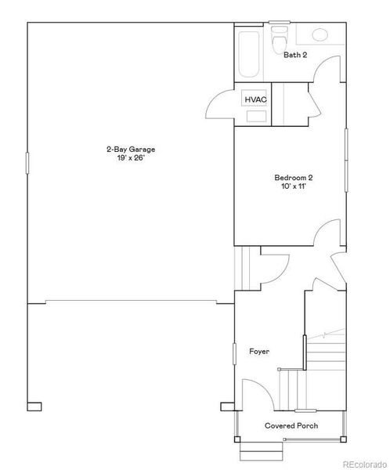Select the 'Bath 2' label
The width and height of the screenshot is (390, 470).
click(295, 55)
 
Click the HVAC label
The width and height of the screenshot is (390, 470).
click(255, 99)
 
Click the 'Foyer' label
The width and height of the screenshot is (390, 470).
click(260, 352)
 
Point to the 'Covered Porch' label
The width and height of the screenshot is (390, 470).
click(291, 425)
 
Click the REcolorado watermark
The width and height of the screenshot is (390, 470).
click(363, 461)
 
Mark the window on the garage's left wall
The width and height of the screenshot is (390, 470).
click(28, 162)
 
